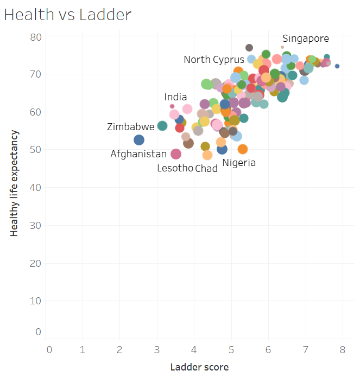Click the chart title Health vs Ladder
tap(68, 15)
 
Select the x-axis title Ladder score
tap(199, 367)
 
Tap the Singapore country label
tap(305, 39)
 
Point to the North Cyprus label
tap(213, 60)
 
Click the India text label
tap(176, 97)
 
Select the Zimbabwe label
tap(130, 127)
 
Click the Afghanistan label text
tap(138, 154)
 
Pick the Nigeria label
tap(239, 162)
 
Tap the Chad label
tap(206, 168)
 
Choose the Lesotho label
tap(175, 168)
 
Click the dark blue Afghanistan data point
tap(139, 140)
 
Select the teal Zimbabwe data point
tap(162, 126)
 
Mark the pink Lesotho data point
tap(176, 154)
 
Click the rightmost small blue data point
tap(337, 66)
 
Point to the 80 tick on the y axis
tap(36, 37)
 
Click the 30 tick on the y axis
tap(36, 225)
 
